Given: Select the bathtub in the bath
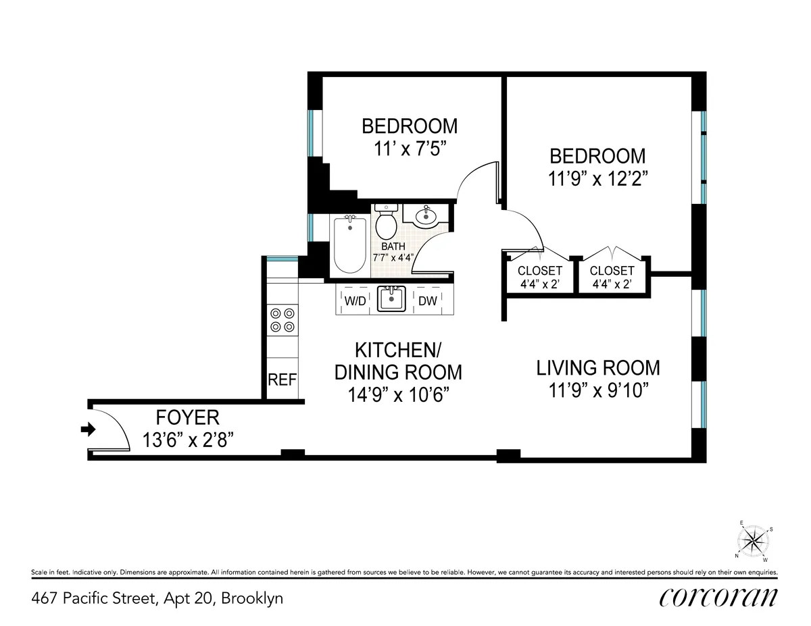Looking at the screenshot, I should (x=350, y=244).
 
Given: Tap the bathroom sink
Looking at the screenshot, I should (x=426, y=216).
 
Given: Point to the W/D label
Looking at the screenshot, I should (x=355, y=301).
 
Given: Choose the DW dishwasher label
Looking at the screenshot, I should (x=427, y=301).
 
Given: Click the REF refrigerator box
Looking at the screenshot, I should (x=282, y=380).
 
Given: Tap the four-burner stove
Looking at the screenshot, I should (x=282, y=319).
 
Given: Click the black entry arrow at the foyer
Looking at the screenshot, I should (x=88, y=429).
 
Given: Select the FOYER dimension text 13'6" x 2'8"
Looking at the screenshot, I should (x=189, y=440).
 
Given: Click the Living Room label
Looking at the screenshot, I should (x=598, y=368).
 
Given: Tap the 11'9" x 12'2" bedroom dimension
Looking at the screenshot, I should (x=597, y=179).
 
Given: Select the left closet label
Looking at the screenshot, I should (x=540, y=271).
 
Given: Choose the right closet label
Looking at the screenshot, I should (x=612, y=271).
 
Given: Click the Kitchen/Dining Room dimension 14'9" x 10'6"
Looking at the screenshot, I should (x=399, y=394).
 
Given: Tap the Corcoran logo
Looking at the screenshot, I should (x=718, y=598).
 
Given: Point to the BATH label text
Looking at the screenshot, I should (x=393, y=246).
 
